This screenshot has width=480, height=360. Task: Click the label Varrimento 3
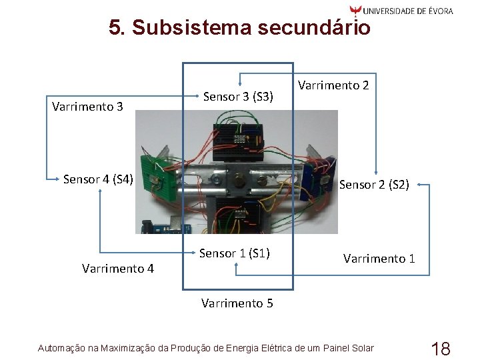(87, 106)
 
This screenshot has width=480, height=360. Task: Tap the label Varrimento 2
(333, 85)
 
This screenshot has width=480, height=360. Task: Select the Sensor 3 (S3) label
(238, 97)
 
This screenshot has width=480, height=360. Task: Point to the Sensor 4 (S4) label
(98, 179)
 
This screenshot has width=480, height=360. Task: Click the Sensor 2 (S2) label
(374, 185)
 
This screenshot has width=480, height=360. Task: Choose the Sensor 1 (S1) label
(235, 253)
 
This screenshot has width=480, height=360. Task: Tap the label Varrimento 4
(118, 269)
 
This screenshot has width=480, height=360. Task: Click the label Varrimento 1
(379, 258)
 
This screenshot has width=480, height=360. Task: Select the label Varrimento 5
(237, 303)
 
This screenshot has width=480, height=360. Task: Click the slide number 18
(441, 348)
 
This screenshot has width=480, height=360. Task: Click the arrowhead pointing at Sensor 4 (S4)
(57, 179)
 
